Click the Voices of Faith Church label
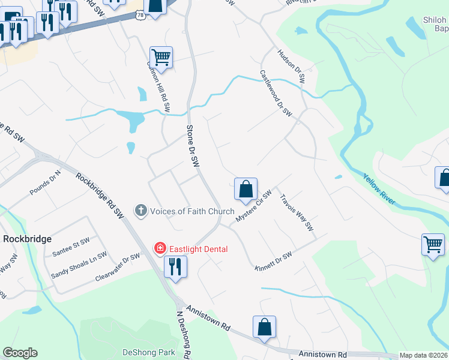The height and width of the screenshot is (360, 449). pos(191,211)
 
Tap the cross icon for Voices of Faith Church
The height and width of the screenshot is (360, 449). pos(141,211)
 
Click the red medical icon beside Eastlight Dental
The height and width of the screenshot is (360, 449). pos(160,248)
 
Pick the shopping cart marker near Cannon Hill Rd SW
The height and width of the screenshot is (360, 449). pos(161,58)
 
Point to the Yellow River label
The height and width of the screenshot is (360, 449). pos(379,190)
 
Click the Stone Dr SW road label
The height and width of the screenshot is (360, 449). pos(193,146)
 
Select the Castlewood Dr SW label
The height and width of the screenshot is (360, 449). pos(276,93)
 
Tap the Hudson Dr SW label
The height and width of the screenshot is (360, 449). pos(291,66)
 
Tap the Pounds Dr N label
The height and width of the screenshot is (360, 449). pos(46,184)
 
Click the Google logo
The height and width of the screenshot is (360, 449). pos(20,353)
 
